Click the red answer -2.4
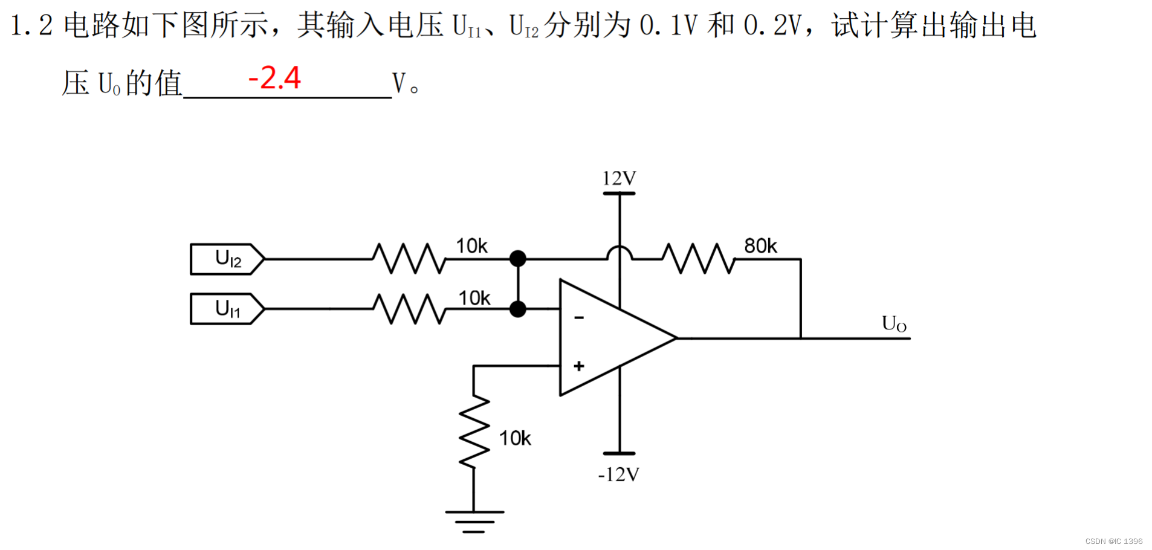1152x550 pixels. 274,79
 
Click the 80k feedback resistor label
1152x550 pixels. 760,246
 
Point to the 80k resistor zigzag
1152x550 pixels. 699,259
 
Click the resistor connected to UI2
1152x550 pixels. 409,259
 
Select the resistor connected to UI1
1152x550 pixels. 409,309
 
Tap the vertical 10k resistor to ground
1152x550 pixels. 474,432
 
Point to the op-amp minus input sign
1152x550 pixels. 579,318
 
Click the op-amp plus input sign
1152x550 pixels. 579,366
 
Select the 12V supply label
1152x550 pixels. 619,178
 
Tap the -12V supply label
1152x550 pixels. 618,474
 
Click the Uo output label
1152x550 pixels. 894,324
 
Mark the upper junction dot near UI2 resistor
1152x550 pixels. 518,259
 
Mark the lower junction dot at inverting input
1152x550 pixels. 518,309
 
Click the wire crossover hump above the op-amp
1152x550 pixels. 620,251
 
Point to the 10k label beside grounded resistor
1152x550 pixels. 515,438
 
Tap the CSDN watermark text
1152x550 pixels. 1113,542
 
